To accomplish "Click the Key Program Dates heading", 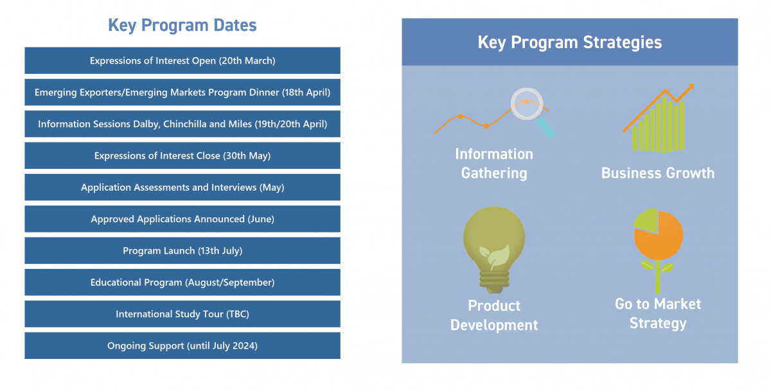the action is [182, 26].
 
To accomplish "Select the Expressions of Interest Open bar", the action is [182, 60].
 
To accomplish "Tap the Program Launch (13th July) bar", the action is [182, 250].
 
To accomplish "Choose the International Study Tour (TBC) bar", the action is [182, 314].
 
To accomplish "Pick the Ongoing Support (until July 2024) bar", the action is [182, 345].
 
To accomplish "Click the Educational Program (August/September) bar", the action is [182, 282].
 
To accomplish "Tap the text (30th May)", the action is [247, 156].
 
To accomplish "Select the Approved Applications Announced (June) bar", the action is [182, 219].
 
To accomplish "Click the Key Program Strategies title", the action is [570, 42].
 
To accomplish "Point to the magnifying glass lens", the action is [527, 103].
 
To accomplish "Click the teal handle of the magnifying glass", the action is [546, 127].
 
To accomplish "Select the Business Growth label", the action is [658, 173].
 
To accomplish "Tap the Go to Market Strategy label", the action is [658, 313].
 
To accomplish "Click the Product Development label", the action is [494, 315].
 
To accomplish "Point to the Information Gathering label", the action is [494, 164].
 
